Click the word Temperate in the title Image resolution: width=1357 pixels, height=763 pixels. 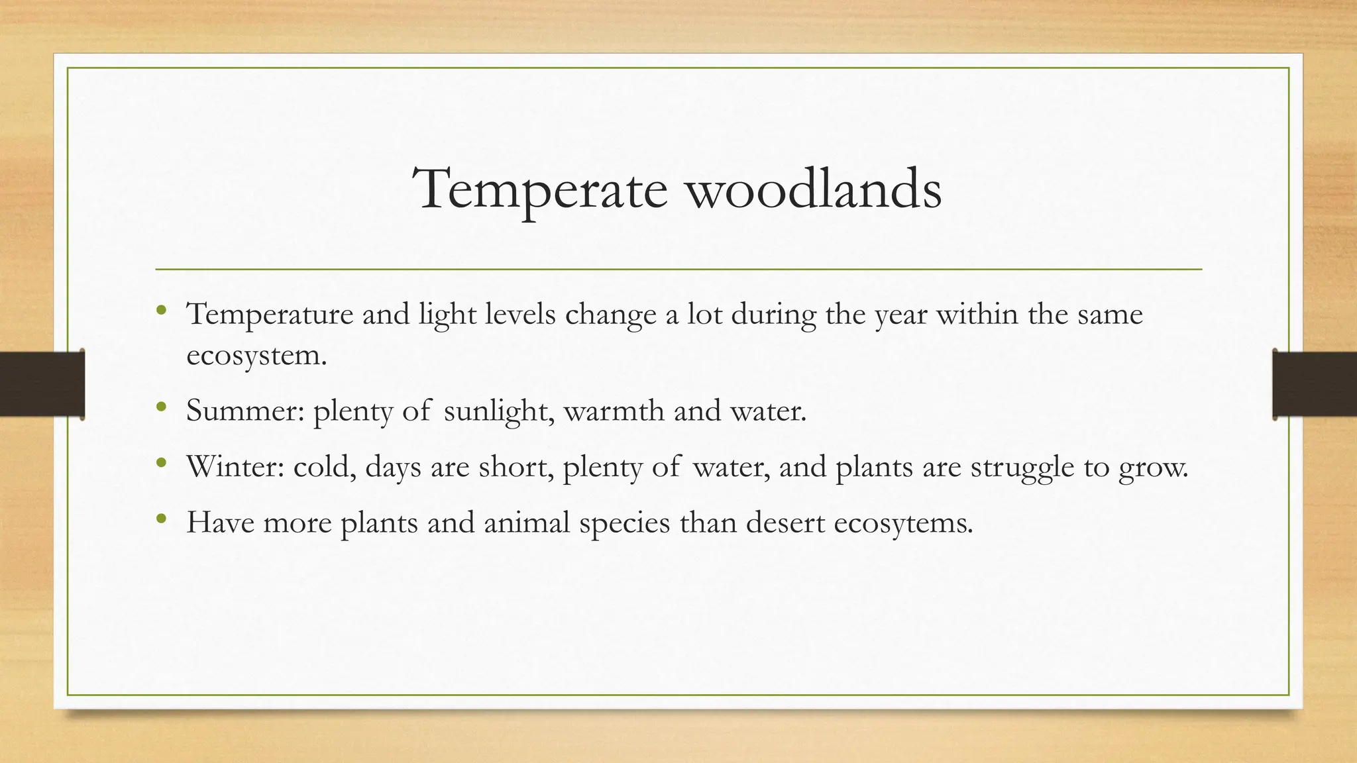click(x=541, y=190)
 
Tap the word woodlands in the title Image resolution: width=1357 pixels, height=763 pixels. click(x=813, y=190)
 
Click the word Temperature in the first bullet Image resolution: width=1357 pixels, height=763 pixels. click(x=270, y=314)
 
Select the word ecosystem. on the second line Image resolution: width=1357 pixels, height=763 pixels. click(x=256, y=355)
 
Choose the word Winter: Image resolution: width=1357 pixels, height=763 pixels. click(x=235, y=467)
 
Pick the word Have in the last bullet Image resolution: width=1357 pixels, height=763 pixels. click(x=220, y=523)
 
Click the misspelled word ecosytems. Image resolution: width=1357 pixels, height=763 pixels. click(x=904, y=523)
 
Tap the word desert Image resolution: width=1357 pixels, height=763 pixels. click(x=785, y=523)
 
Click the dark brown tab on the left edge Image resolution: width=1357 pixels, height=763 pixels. click(x=42, y=384)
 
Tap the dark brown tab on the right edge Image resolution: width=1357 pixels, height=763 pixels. click(x=1315, y=384)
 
